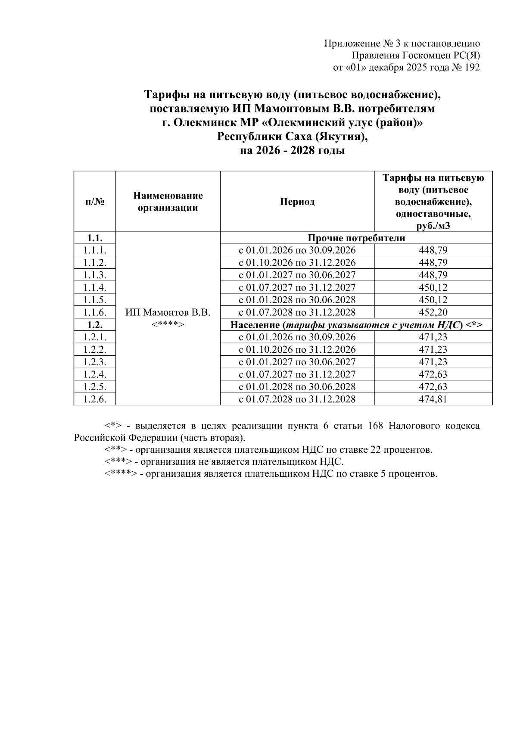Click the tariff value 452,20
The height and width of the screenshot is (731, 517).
[x=433, y=312]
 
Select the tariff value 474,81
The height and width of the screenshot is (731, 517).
[x=433, y=399]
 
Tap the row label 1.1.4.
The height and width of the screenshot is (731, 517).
[x=95, y=287]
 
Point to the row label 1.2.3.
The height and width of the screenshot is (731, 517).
[x=95, y=362]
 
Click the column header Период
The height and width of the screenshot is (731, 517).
[x=297, y=202]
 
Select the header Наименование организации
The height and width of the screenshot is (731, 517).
[x=168, y=202]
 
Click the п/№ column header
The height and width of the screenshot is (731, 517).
[x=95, y=202]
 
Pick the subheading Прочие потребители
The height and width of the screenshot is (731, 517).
[x=356, y=238]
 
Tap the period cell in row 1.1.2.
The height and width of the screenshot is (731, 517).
[x=297, y=263]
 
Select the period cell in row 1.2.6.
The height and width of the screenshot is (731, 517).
[x=297, y=399]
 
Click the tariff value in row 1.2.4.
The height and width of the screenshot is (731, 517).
[x=433, y=374]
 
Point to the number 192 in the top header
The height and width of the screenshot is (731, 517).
[x=471, y=67]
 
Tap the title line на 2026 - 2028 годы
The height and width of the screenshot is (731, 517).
[x=293, y=151]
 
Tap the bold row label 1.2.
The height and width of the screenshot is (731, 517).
[x=95, y=325]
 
